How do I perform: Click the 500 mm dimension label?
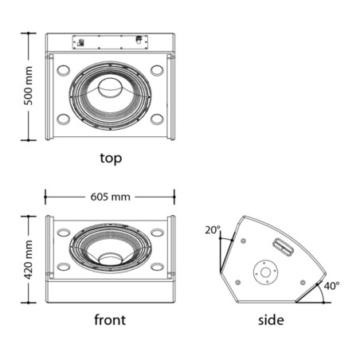[x=29, y=86]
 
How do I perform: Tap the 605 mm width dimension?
[x=110, y=197]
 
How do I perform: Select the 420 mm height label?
[x=29, y=260]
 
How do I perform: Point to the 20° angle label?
[x=213, y=230]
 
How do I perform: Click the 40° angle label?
[x=331, y=286]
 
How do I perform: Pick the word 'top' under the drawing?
[x=111, y=158]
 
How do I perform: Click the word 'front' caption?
[x=110, y=319]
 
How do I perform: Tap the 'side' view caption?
[x=271, y=320]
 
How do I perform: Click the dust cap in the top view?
[x=111, y=88]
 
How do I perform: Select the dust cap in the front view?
[x=111, y=258]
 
